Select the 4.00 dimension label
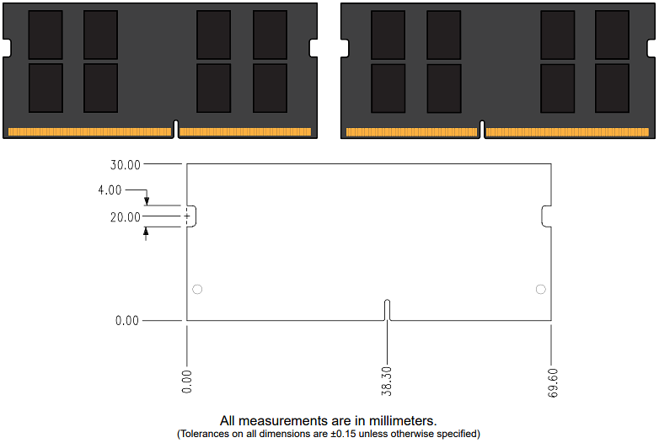pos(110,190)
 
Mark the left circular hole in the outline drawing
pos(197,290)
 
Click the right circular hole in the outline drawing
pos(540,290)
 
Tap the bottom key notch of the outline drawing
pos(387,310)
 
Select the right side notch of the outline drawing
pos(546,216)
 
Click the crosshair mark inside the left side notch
pos(187,216)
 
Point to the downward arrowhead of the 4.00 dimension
pos(146,201)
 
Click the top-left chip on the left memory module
pos(46,35)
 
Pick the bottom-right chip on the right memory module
pos(612,88)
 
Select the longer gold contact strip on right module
pos(567,132)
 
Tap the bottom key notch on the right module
pos(483,130)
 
